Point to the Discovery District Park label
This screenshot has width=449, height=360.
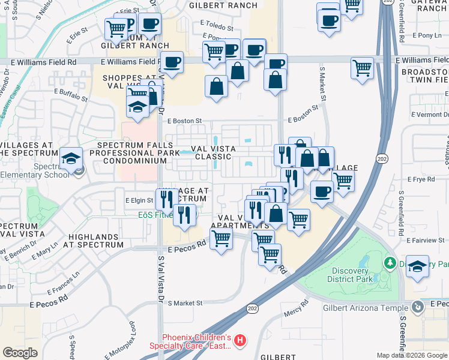point(351,275)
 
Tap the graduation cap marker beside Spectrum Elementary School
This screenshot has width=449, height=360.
point(71,159)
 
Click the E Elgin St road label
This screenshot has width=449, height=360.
point(139,200)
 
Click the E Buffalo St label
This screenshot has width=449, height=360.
point(71,92)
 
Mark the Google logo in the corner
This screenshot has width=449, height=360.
point(20,353)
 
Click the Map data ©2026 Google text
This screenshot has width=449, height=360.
point(412,356)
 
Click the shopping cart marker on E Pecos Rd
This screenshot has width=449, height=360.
point(221,239)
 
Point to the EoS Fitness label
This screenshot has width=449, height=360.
point(154,214)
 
